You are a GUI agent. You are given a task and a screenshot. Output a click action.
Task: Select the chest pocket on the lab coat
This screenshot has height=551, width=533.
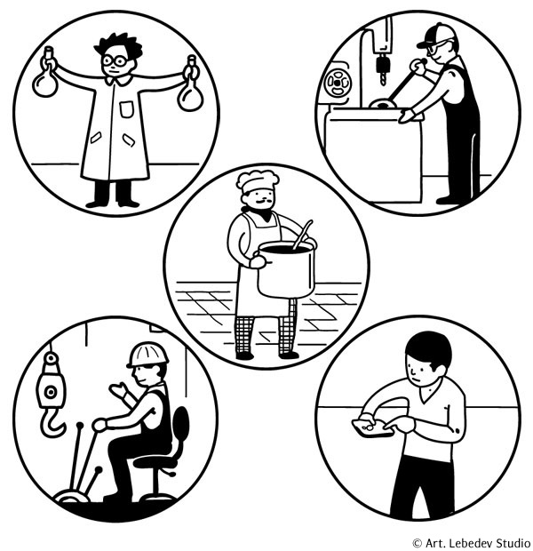click(x=126, y=109)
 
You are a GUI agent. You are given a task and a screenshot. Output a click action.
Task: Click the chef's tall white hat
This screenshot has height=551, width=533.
click(x=258, y=181)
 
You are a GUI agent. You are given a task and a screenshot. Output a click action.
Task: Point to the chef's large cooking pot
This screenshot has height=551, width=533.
click(x=285, y=269)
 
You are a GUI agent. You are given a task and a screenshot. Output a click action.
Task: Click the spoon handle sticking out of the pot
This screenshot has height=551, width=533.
click(x=302, y=235)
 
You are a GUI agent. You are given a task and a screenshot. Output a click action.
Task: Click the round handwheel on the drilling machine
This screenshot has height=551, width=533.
click(x=338, y=83)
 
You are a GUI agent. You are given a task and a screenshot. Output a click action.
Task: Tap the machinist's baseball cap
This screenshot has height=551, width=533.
click(x=435, y=36)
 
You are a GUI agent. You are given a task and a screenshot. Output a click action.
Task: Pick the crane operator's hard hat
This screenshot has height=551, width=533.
click(x=147, y=355)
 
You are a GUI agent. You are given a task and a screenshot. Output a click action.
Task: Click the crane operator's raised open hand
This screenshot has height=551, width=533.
click(x=119, y=390)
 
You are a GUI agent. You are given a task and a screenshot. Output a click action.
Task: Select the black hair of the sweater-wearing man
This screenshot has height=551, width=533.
click(x=429, y=349)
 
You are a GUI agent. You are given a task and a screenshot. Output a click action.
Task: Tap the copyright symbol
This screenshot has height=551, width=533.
click(x=417, y=543)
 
